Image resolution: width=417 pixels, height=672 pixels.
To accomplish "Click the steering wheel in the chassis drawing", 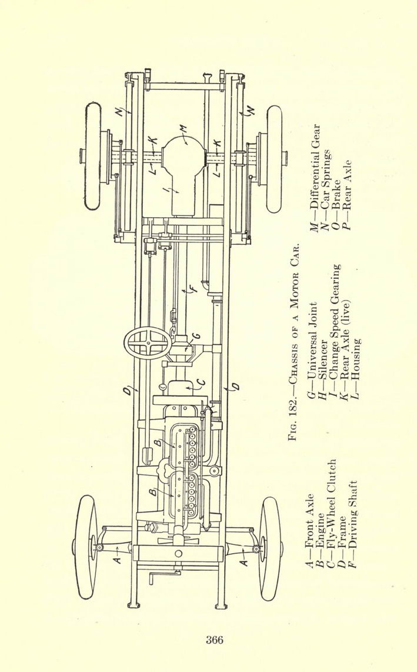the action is coord(147,343).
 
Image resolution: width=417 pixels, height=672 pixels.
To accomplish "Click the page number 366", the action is coord(214,640).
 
